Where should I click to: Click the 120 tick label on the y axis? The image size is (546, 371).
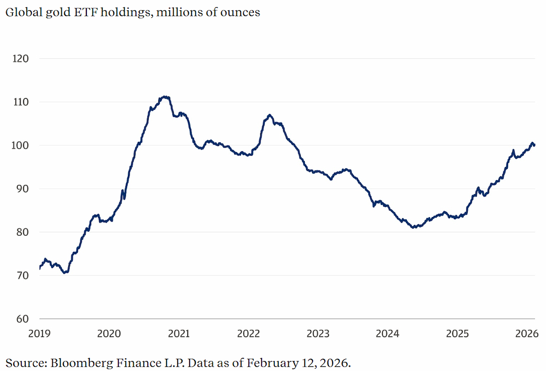pyautogui.click(x=20, y=59)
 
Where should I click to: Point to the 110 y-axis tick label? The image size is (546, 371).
pyautogui.click(x=21, y=102)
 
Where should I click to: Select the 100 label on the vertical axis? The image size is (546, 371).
pyautogui.click(x=20, y=145)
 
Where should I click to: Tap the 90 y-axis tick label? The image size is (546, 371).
pyautogui.click(x=22, y=189)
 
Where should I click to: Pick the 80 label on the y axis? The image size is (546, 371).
pyautogui.click(x=22, y=232)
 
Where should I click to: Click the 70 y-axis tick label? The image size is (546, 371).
pyautogui.click(x=22, y=276)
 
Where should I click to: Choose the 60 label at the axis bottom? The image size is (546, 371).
pyautogui.click(x=22, y=319)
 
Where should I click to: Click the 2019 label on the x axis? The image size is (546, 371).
pyautogui.click(x=39, y=333)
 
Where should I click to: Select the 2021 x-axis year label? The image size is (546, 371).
pyautogui.click(x=179, y=333)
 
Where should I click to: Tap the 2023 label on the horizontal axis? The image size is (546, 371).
pyautogui.click(x=318, y=333)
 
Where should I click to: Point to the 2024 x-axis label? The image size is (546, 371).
pyautogui.click(x=388, y=333)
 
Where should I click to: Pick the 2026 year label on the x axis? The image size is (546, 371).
pyautogui.click(x=527, y=333)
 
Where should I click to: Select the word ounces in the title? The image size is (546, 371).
pyautogui.click(x=240, y=13)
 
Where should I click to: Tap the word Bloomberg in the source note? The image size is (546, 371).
pyautogui.click(x=81, y=363)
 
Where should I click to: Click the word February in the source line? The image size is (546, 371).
pyautogui.click(x=273, y=363)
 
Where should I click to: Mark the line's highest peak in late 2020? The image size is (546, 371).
pyautogui.click(x=166, y=97)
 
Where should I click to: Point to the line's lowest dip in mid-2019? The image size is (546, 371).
pyautogui.click(x=65, y=273)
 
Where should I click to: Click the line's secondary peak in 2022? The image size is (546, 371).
pyautogui.click(x=269, y=115)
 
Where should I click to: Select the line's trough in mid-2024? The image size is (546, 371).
pyautogui.click(x=413, y=227)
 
